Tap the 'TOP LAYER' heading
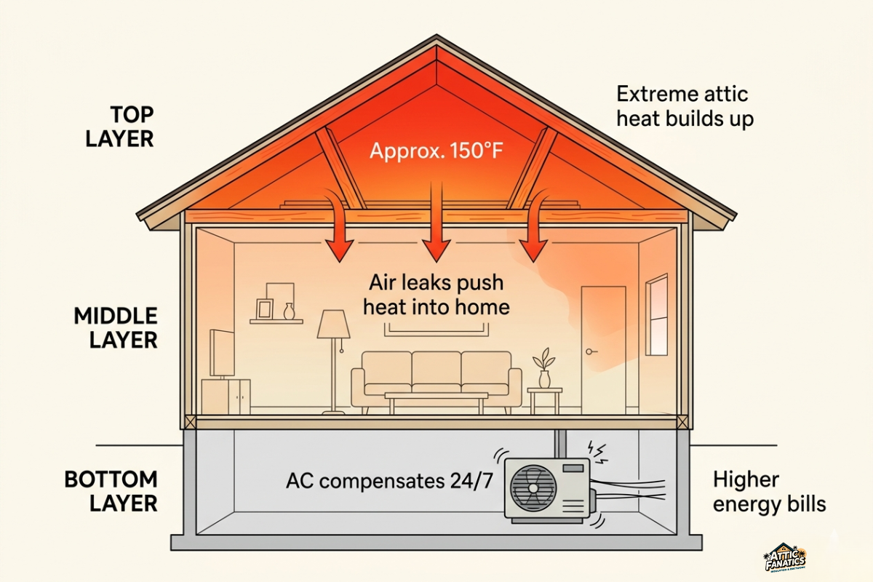click(x=120, y=127)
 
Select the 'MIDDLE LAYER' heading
click(x=116, y=327)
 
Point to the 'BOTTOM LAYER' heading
click(x=111, y=491)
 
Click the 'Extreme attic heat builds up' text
click(x=685, y=105)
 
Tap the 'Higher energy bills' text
click(x=769, y=492)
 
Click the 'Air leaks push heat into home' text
click(x=436, y=295)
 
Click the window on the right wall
click(x=656, y=314)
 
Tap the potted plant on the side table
click(x=543, y=368)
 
